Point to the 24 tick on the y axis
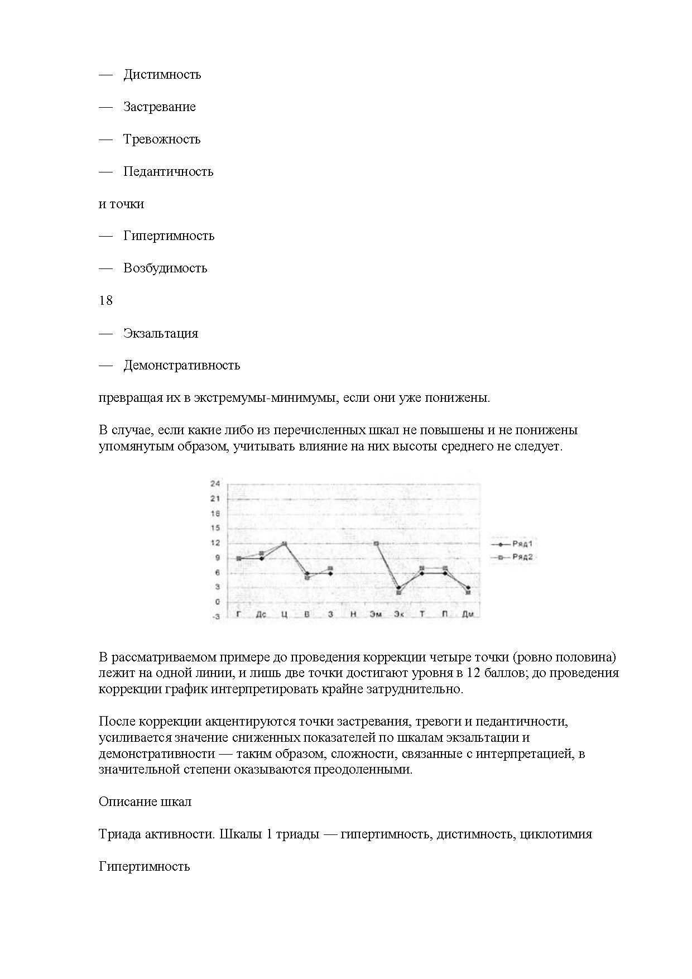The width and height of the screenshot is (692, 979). tap(215, 483)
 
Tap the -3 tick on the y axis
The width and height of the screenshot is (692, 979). tap(215, 617)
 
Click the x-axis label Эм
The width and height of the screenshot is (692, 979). tap(376, 615)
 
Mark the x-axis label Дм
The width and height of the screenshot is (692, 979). tap(468, 615)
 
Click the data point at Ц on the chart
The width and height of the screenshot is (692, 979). tap(284, 544)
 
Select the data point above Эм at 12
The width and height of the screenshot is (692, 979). tap(377, 544)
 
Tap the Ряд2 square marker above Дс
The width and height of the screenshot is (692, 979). tap(261, 553)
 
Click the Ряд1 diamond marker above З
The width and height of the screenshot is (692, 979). tap(330, 573)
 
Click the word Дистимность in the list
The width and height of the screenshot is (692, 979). tap(162, 75)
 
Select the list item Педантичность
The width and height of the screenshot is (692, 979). tap(168, 171)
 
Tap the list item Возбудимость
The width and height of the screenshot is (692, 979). tap(165, 268)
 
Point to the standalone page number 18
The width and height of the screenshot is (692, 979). tap(105, 300)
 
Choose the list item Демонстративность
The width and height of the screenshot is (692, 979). tap(181, 365)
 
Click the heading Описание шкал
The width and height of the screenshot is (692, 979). tap(145, 802)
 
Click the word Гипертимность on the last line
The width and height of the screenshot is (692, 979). tap(144, 866)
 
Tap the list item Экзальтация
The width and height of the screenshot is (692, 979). tap(161, 333)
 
